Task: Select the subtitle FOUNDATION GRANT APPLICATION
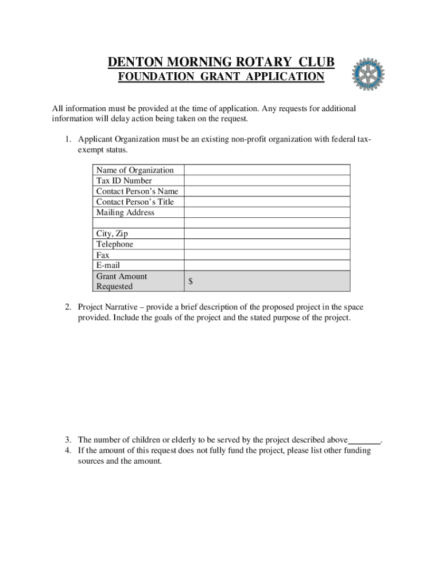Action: (x=221, y=77)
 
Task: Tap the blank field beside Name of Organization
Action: (x=267, y=170)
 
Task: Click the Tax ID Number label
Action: (x=124, y=181)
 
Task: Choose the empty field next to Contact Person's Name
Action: (x=267, y=191)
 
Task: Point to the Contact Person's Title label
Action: (x=135, y=202)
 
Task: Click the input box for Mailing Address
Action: (x=267, y=213)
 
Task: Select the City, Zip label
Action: (x=112, y=234)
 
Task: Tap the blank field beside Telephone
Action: (x=267, y=244)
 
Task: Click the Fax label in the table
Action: (x=103, y=255)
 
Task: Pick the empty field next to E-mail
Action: (x=267, y=265)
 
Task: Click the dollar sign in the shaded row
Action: (x=191, y=281)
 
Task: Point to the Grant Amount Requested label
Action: (x=122, y=281)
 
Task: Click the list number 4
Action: (x=67, y=451)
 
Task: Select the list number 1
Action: (x=67, y=139)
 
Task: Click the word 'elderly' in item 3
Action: (x=184, y=440)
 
